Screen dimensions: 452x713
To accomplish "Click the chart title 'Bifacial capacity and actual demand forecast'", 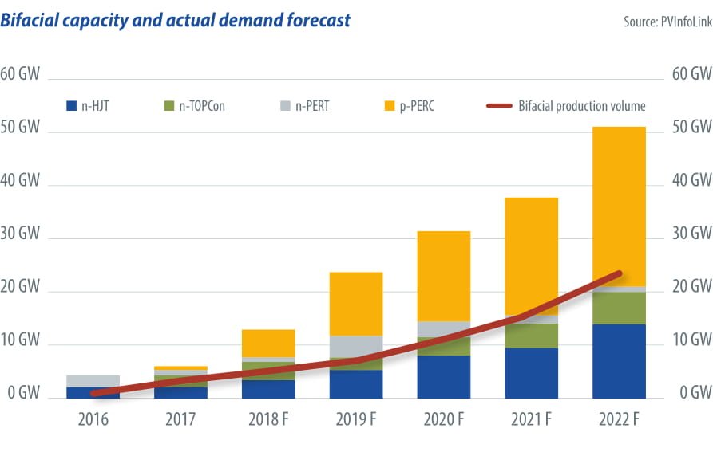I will (x=175, y=20).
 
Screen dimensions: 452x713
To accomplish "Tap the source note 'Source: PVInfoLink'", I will (x=667, y=22).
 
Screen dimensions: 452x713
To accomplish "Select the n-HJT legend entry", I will (x=89, y=105).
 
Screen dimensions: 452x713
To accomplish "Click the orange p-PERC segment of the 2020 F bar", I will (x=443, y=276).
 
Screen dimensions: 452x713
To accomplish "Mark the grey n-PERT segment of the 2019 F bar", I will (x=355, y=347).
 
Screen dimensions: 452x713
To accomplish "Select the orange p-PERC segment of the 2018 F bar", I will (x=268, y=343).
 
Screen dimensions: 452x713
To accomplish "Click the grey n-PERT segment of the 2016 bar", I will (x=93, y=381).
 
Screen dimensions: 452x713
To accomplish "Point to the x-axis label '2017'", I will (x=180, y=419).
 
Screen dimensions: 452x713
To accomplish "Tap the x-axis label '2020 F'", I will (x=443, y=419).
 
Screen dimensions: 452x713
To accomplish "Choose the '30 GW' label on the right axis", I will (x=692, y=234).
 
